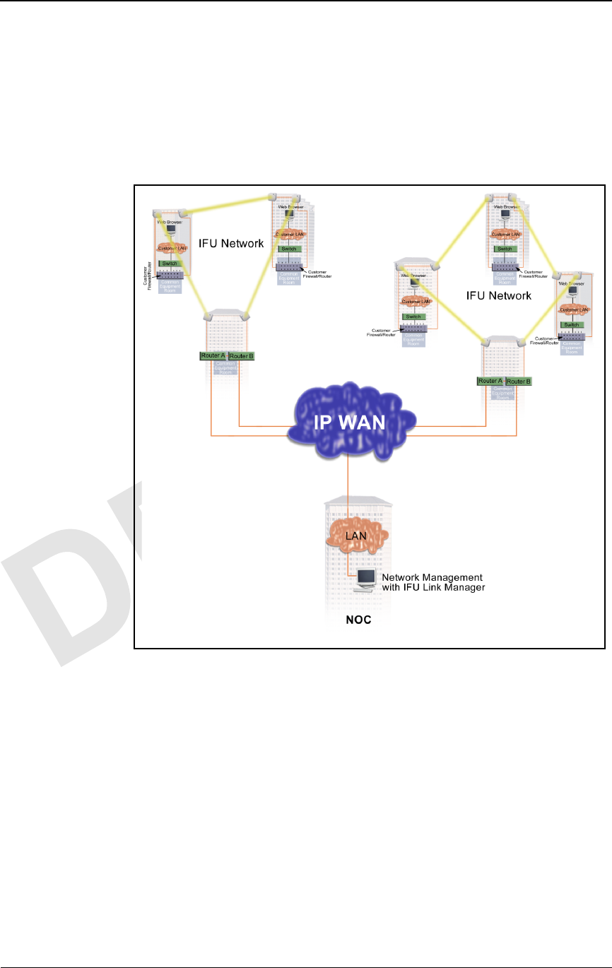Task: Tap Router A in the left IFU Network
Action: point(212,355)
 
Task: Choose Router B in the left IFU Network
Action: point(241,356)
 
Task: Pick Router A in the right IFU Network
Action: point(490,381)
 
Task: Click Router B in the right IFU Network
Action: point(519,382)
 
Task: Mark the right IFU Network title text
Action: point(499,295)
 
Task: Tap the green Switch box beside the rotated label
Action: point(170,263)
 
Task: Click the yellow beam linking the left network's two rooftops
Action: point(226,203)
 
